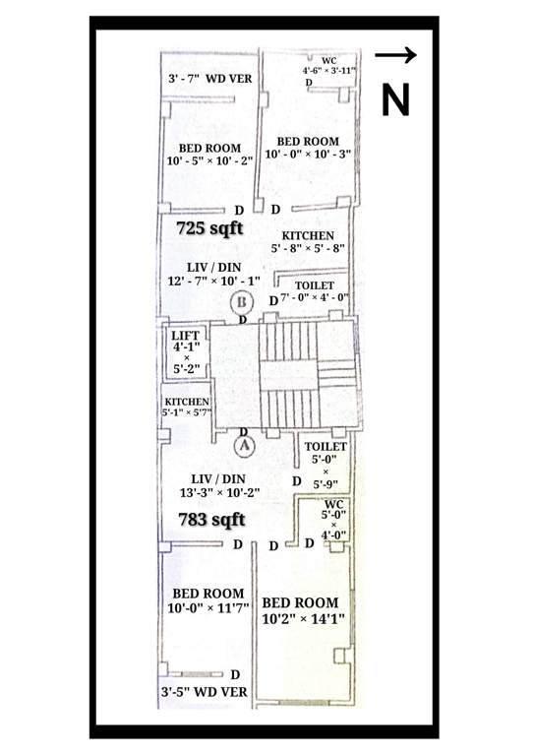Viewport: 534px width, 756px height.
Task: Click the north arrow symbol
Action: (396, 56)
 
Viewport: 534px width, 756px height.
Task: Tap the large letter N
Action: (395, 99)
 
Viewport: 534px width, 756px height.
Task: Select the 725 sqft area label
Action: (209, 227)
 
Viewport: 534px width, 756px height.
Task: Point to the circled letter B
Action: (240, 302)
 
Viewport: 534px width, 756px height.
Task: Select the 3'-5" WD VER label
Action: (204, 691)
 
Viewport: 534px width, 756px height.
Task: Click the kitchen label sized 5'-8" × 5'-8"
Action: (308, 242)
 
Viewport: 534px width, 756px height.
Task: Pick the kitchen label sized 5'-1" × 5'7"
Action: (187, 408)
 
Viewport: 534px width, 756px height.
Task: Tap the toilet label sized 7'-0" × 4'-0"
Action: (315, 291)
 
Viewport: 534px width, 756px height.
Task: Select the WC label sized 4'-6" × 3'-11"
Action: (328, 66)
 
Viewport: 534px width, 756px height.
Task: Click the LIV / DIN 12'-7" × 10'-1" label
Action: (213, 275)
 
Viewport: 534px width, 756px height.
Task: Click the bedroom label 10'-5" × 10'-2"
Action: (210, 154)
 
